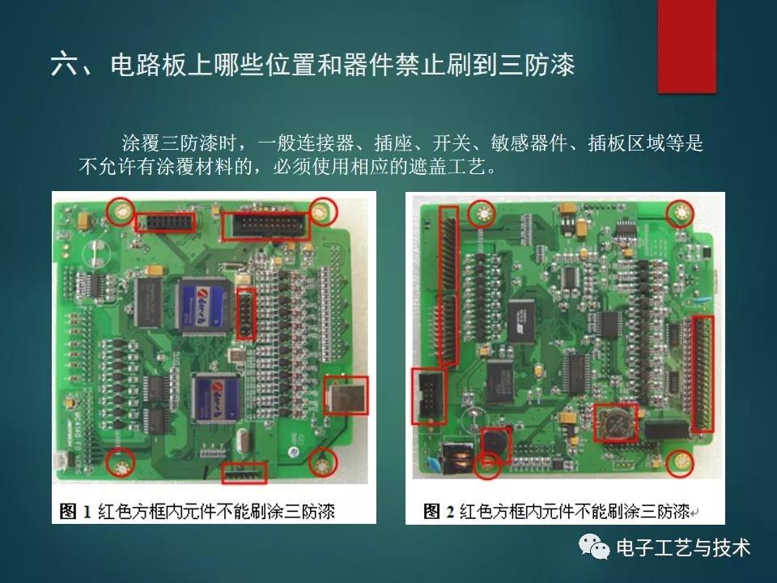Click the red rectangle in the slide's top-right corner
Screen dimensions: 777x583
pyautogui.click(x=687, y=46)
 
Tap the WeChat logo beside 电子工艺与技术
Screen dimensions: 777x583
pyautogui.click(x=593, y=547)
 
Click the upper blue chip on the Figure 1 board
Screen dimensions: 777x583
pyautogui.click(x=203, y=305)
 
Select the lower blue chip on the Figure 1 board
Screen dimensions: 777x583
pyautogui.click(x=217, y=397)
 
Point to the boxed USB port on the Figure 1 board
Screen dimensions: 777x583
pyautogui.click(x=346, y=396)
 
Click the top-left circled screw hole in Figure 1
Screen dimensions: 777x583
pyautogui.click(x=121, y=211)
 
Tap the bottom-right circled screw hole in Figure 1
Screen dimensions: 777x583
pyautogui.click(x=323, y=463)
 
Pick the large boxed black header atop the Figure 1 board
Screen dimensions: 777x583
pyautogui.click(x=265, y=225)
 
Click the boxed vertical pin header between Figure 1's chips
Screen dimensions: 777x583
pyautogui.click(x=246, y=314)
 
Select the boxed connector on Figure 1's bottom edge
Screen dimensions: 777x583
pyautogui.click(x=244, y=473)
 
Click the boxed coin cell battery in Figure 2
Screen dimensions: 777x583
pyautogui.click(x=617, y=423)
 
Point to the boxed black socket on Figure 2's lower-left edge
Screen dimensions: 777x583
pyautogui.click(x=428, y=396)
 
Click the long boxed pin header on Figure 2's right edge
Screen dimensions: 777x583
pyautogui.click(x=703, y=373)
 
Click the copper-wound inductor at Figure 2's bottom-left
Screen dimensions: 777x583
pyautogui.click(x=456, y=458)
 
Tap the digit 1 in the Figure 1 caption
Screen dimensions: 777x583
pyautogui.click(x=87, y=512)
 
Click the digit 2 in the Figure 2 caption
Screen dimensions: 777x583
pyautogui.click(x=450, y=512)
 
